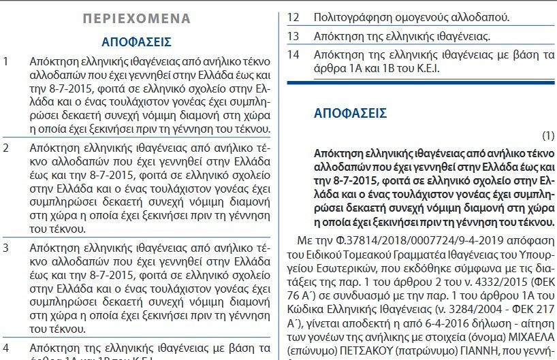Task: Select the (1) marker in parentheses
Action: tap(548, 135)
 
